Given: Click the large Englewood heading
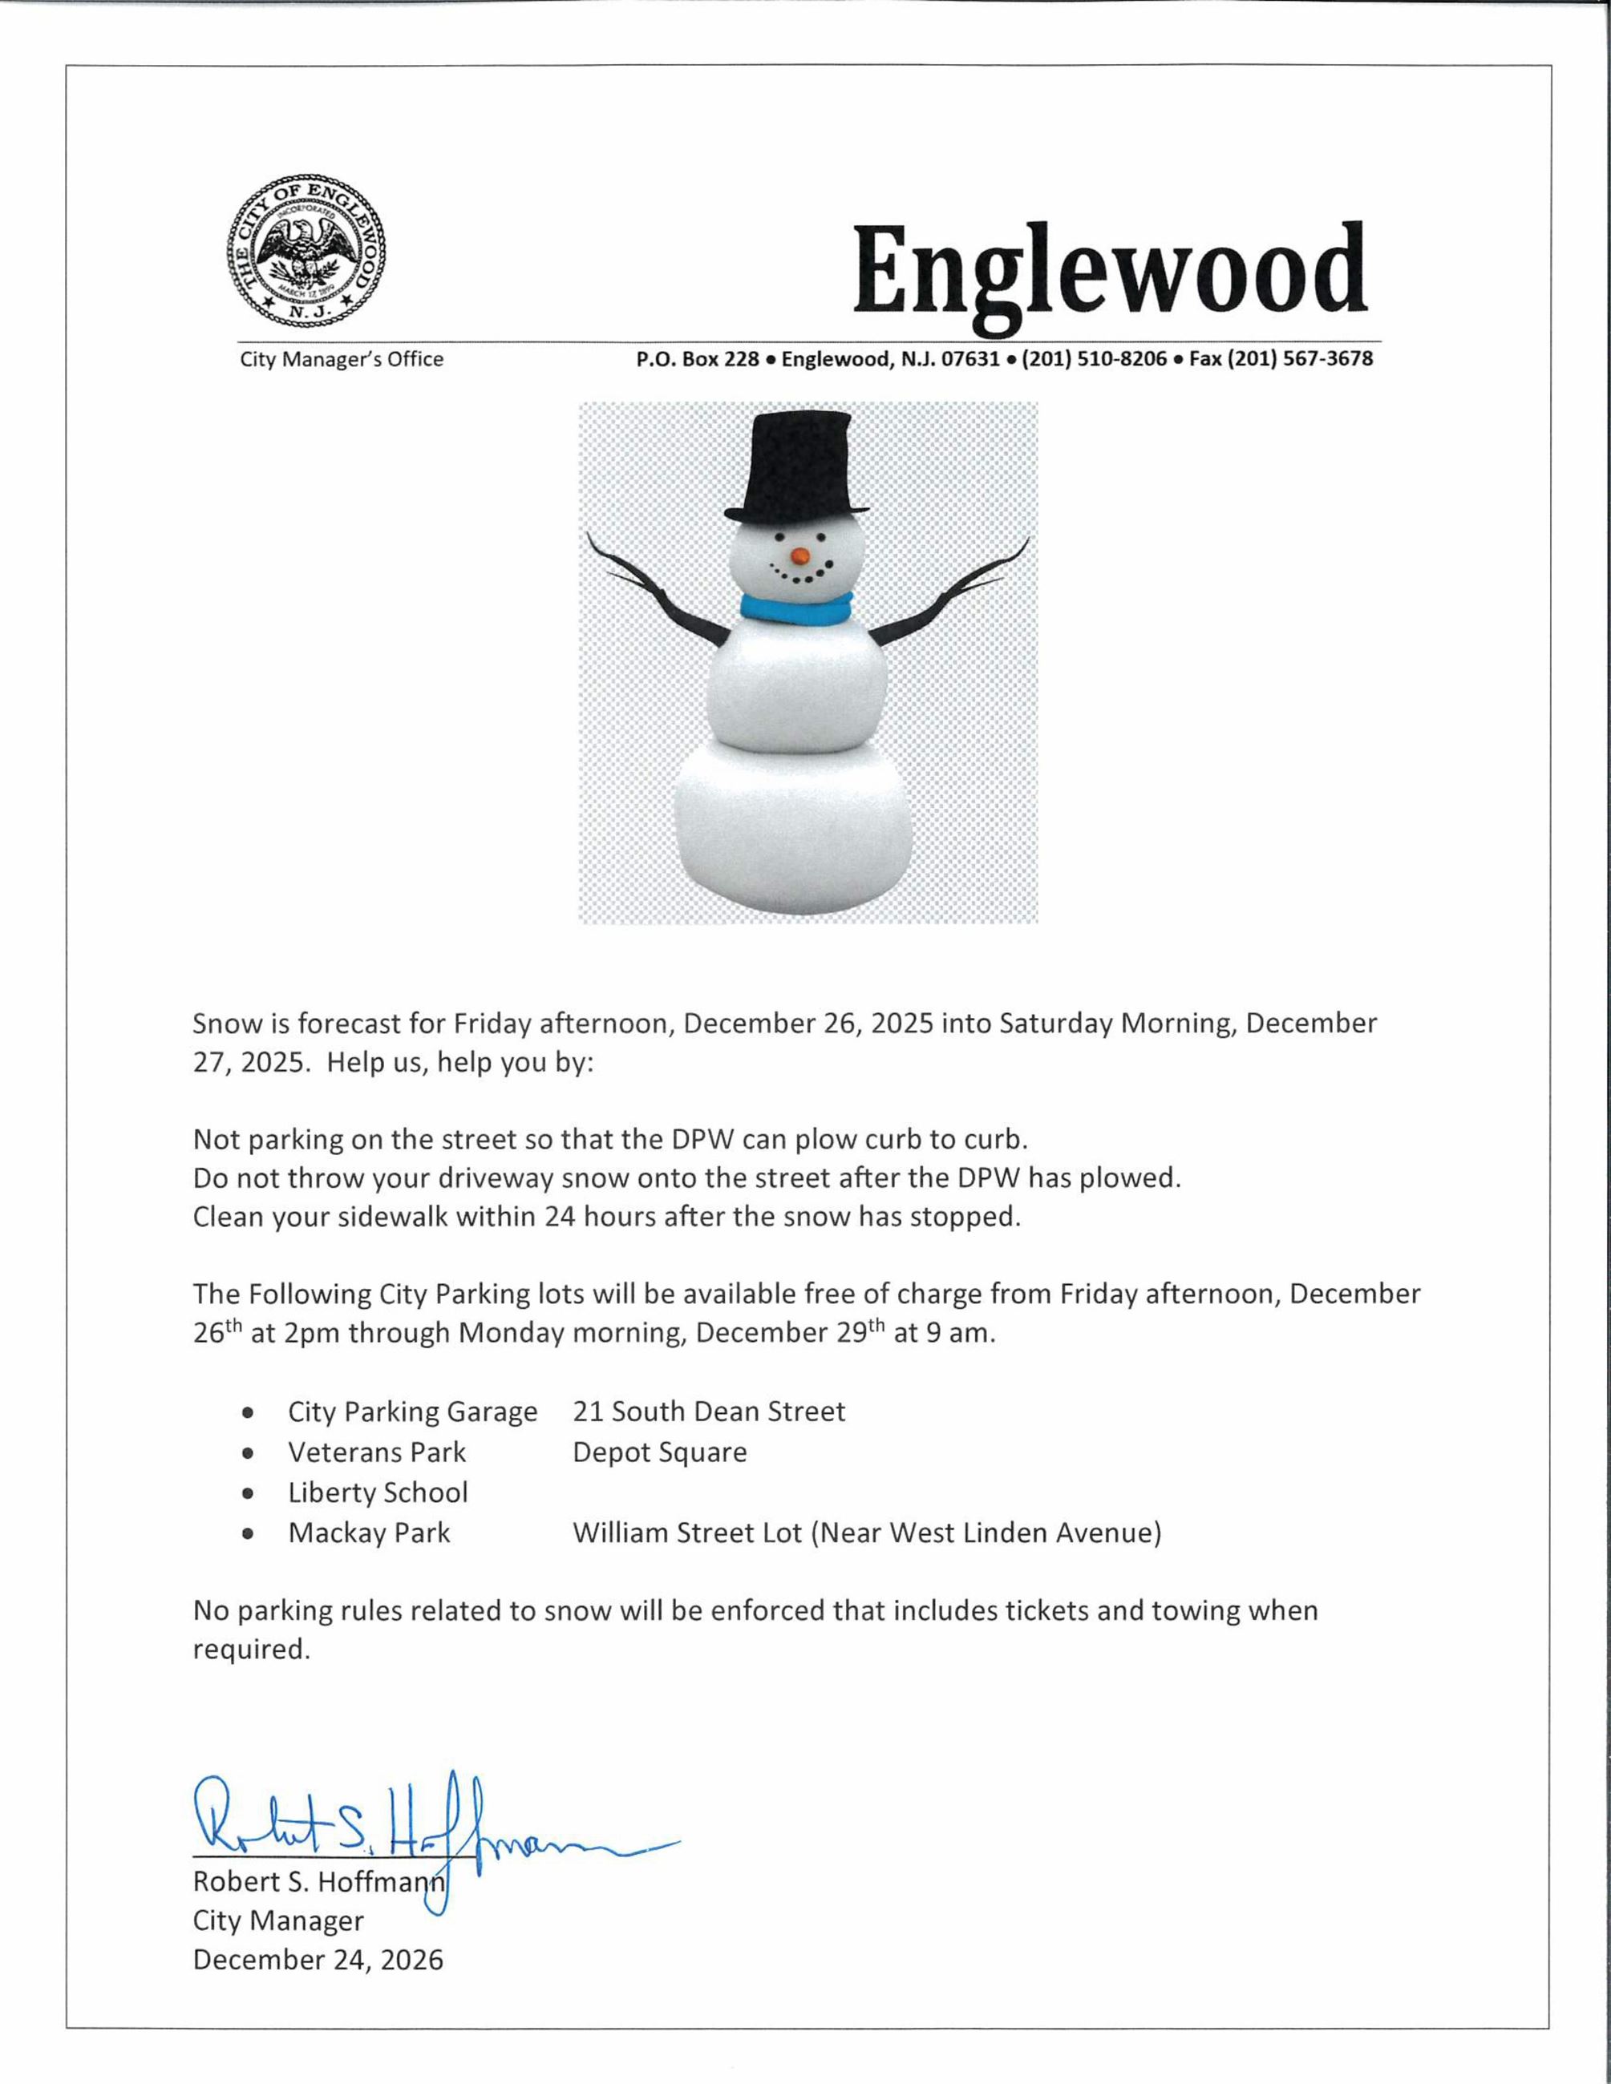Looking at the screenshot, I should (x=1110, y=272).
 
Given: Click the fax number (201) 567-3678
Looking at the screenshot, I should (x=1281, y=360).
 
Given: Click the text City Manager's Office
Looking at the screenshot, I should (x=342, y=360).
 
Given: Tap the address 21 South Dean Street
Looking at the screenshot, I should (x=708, y=1412).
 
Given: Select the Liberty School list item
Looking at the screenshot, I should (x=378, y=1492).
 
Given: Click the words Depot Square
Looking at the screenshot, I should (x=659, y=1452).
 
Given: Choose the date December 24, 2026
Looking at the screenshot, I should (x=318, y=1960).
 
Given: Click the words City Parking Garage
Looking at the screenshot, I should (x=412, y=1412).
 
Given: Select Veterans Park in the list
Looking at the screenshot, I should (x=377, y=1452).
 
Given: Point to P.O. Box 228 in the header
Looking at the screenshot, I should (x=698, y=360).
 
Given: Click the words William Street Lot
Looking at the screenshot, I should (x=687, y=1533).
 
